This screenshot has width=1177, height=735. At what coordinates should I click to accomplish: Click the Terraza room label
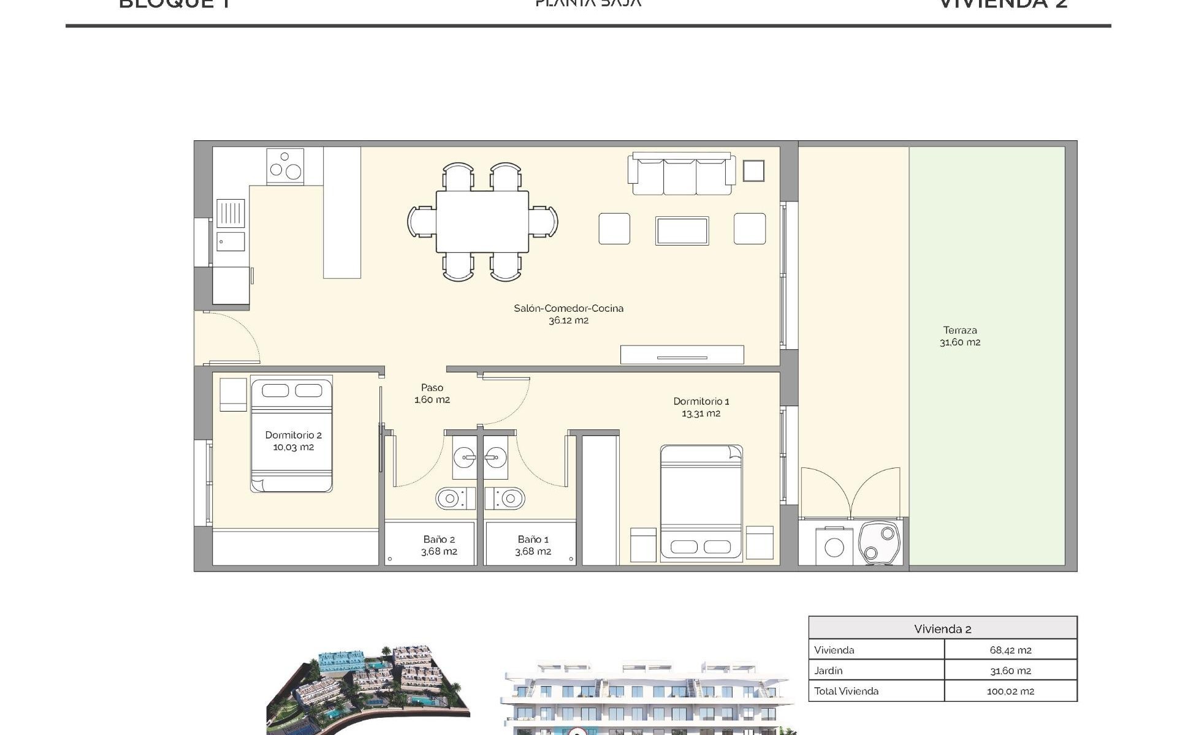tap(960, 336)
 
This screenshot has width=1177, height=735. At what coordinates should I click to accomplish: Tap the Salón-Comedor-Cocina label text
tap(568, 314)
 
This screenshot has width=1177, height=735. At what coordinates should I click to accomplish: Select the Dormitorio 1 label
tap(701, 407)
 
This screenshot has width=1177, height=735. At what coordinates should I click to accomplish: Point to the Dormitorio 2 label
tap(293, 440)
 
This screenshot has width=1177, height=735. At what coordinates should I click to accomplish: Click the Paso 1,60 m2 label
tap(432, 393)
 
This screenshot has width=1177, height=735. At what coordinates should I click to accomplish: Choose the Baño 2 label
tap(439, 545)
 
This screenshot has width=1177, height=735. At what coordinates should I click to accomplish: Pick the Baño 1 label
tap(533, 545)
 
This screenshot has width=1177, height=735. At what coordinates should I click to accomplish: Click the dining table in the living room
tap(482, 222)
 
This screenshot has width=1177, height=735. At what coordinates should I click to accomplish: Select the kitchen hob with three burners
tap(285, 166)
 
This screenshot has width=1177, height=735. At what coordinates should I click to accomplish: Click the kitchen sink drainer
tap(231, 213)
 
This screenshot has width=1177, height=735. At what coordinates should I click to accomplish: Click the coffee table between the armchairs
tap(682, 231)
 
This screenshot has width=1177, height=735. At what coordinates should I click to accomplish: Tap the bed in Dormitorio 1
tap(701, 502)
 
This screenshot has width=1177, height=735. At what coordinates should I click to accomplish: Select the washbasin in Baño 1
tap(496, 456)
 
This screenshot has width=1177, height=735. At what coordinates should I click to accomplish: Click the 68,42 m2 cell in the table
tap(1010, 650)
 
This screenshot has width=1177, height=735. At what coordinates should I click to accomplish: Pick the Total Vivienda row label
tap(846, 691)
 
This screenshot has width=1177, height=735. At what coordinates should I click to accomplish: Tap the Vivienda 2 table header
tap(942, 628)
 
